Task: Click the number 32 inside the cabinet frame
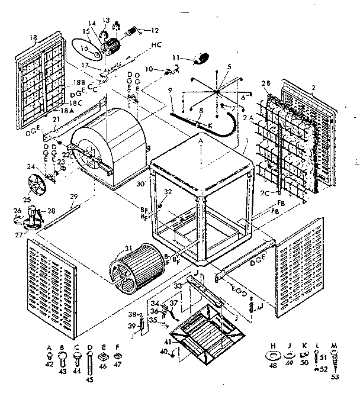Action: coord(168,192)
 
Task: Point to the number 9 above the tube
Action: coord(170,90)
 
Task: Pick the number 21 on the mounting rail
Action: coord(56,120)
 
